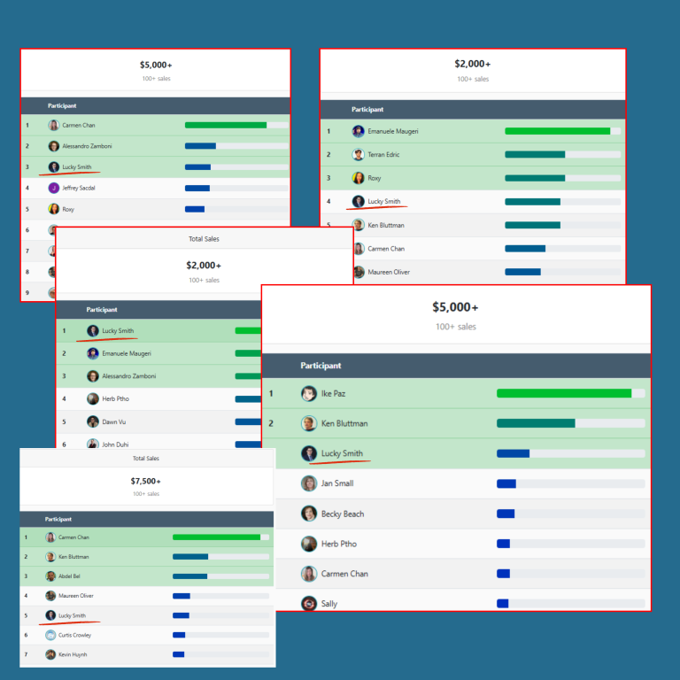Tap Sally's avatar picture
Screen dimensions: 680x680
pos(309,604)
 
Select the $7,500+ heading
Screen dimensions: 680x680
pos(145,481)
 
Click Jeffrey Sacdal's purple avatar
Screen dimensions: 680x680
pos(54,188)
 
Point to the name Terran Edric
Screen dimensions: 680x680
pos(385,154)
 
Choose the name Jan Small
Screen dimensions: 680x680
pos(337,483)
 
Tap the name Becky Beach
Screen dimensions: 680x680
pos(343,514)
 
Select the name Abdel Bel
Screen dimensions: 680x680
pos(71,576)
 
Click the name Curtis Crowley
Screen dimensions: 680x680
pos(74,635)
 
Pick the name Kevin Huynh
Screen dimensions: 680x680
pos(73,654)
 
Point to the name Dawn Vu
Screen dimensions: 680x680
pos(114,421)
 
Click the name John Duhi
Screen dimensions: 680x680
pos(115,444)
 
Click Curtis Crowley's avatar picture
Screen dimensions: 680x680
pos(50,635)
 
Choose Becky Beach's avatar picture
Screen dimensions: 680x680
pos(309,514)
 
